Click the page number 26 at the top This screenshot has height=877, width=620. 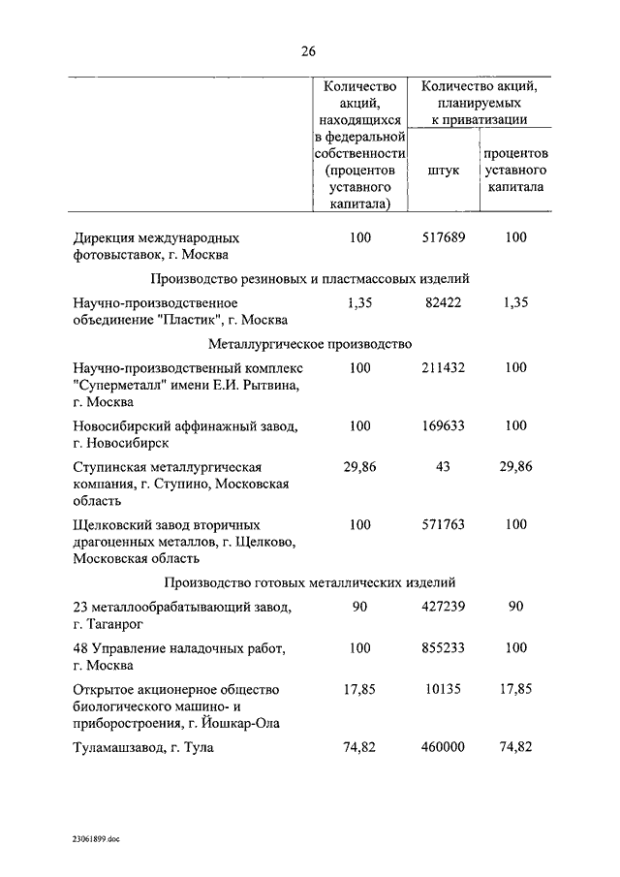pos(309,51)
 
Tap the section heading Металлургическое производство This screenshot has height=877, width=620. pos(310,343)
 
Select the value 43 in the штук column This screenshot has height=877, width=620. pos(443,466)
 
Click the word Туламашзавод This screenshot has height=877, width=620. pos(119,748)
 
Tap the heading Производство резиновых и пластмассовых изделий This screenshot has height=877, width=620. pos(310,278)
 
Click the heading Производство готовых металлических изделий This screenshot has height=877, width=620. pos(310,582)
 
